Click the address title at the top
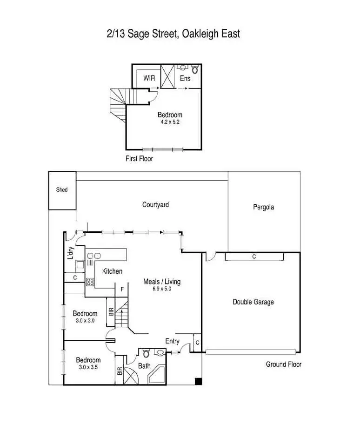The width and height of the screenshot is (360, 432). [173, 34]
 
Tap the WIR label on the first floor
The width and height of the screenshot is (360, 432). [149, 78]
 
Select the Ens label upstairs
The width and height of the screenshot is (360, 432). [185, 78]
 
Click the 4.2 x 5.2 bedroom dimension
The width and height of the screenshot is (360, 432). [170, 122]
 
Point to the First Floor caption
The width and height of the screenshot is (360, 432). [139, 159]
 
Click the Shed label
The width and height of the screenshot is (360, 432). [62, 190]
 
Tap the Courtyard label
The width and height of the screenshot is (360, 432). [155, 204]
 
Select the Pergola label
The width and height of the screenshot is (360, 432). [263, 207]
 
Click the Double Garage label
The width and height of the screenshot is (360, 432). [253, 302]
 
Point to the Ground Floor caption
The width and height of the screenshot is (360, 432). [283, 364]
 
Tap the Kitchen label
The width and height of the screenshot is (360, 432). [112, 271]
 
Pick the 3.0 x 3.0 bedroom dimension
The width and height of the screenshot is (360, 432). [85, 321]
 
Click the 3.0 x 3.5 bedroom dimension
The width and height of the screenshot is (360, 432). [88, 367]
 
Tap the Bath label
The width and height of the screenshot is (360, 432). [144, 366]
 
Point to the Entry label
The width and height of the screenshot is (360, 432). [172, 341]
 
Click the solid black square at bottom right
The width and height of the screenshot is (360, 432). [198, 382]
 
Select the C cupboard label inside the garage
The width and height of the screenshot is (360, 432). [254, 256]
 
